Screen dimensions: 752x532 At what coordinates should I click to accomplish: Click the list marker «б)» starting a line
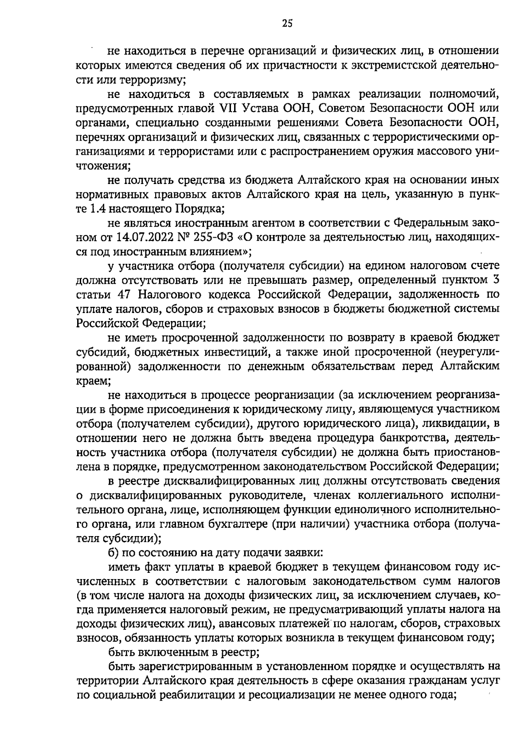point(114,553)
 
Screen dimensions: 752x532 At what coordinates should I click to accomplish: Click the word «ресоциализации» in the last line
point(289,695)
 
